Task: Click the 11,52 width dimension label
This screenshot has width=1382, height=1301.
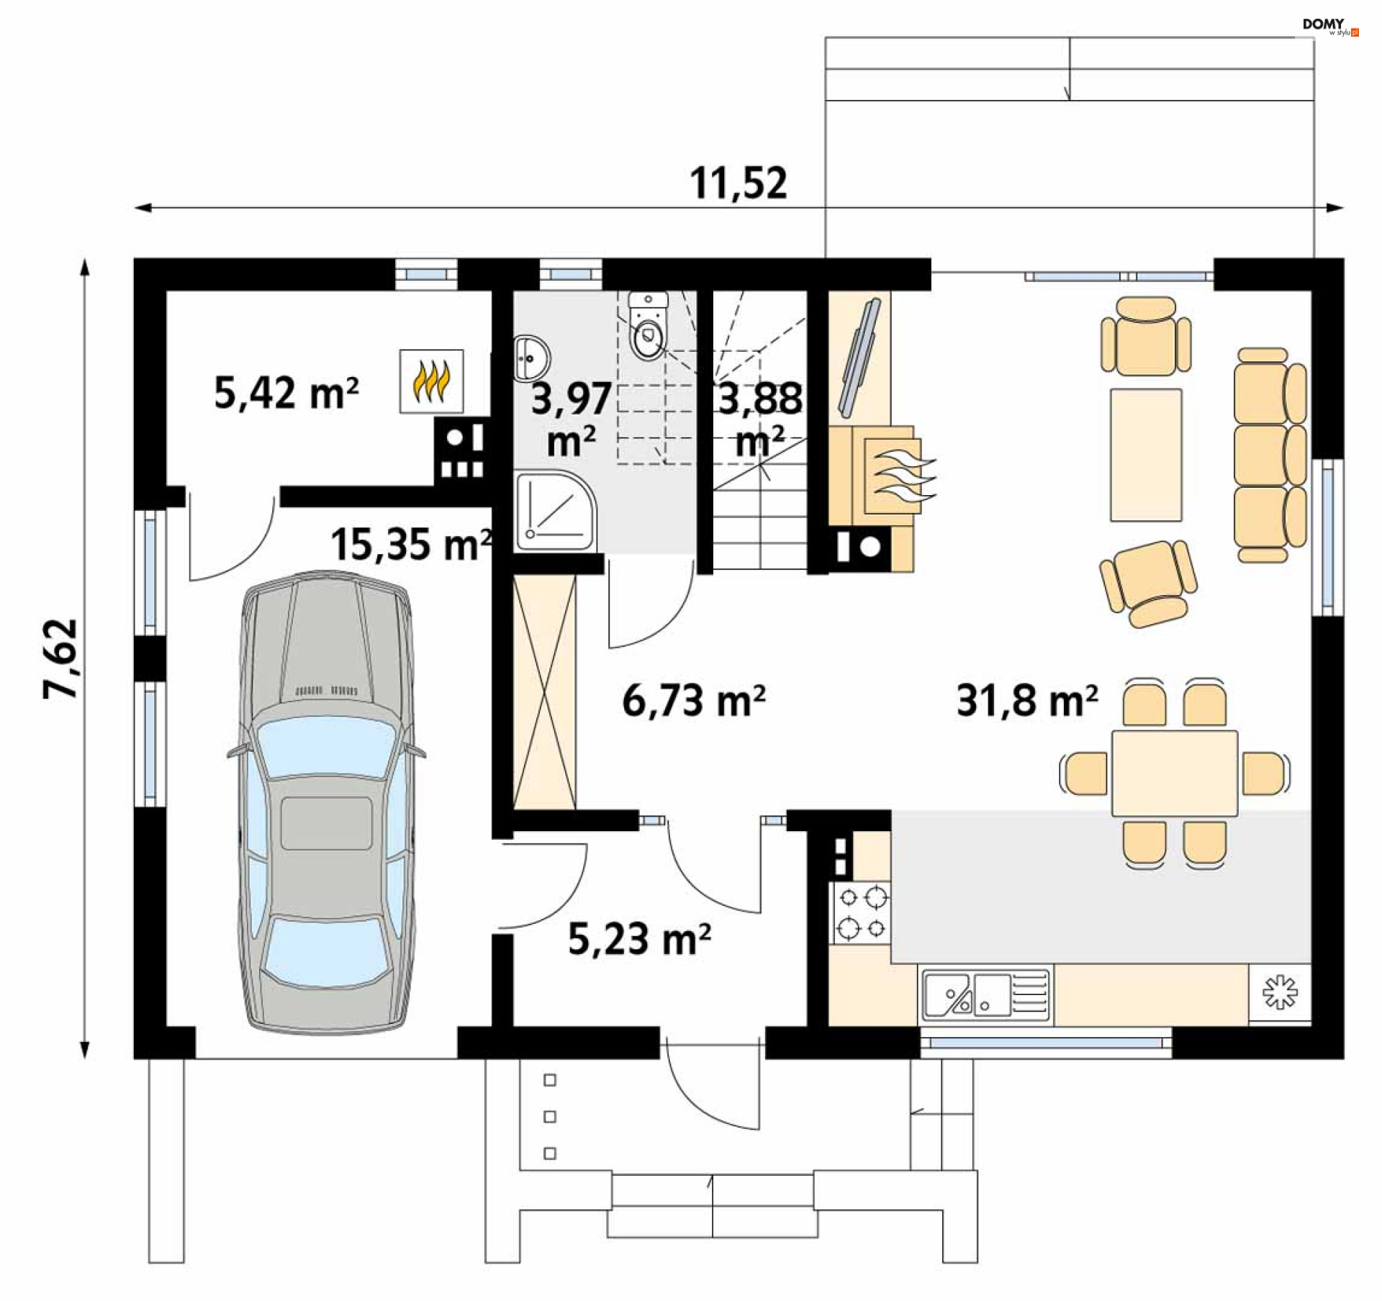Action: pos(739,183)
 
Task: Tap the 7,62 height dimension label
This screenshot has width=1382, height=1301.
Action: pos(60,658)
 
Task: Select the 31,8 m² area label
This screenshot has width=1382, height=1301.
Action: pos(1027,700)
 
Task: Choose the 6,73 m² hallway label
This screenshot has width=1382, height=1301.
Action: pos(694,700)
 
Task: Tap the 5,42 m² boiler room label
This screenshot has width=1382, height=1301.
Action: pos(286,393)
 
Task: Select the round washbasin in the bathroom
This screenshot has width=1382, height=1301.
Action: pos(532,358)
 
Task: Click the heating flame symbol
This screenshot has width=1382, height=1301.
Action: pos(431,381)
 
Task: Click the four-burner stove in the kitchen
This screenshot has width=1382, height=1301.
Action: pos(862,912)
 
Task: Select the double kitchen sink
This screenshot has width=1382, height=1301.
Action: pos(985,994)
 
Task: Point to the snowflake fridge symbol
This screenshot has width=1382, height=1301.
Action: pos(1280,992)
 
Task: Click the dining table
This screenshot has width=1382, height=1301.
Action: pos(1175,773)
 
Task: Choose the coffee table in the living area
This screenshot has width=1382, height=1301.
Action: pos(1146,455)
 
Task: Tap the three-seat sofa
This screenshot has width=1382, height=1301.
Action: pos(1270,455)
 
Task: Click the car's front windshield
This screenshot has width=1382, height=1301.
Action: pos(326,748)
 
